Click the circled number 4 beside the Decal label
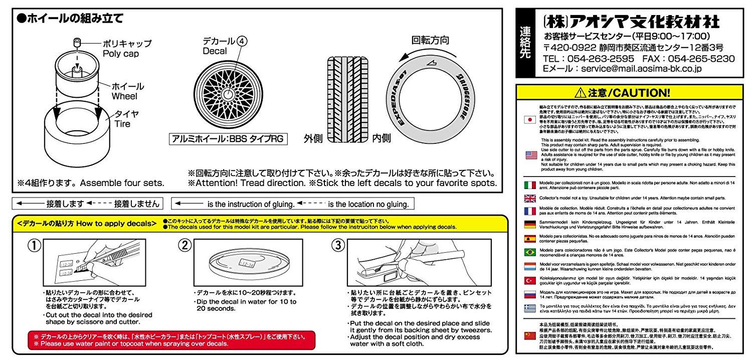(x=243, y=42)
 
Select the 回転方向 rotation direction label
(x=430, y=40)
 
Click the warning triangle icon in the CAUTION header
(x=581, y=93)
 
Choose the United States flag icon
(x=530, y=155)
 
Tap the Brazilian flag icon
(x=530, y=252)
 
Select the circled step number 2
(x=185, y=246)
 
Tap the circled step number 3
(x=339, y=246)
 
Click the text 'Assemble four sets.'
(x=122, y=183)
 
